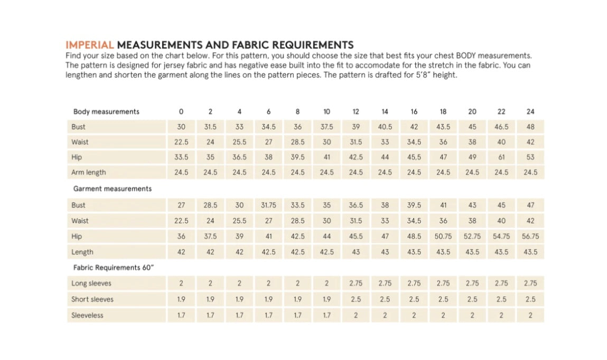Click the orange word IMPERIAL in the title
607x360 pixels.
(89, 45)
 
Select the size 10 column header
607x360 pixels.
(326, 111)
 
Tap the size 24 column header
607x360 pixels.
(530, 111)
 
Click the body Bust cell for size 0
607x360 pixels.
(181, 127)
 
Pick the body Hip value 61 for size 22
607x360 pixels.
(501, 157)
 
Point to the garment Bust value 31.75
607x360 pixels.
(268, 205)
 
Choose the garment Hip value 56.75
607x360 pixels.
(530, 236)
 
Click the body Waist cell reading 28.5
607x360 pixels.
(297, 142)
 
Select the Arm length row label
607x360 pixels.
(88, 173)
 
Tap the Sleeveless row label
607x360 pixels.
(87, 315)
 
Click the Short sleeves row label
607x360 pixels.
(92, 299)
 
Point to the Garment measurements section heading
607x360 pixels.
(112, 188)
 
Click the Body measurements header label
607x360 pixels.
(106, 111)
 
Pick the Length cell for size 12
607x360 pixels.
(356, 252)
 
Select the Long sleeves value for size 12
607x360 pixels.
(356, 283)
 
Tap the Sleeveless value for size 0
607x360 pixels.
(181, 315)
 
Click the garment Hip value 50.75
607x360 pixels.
(443, 236)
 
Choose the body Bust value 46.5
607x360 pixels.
(501, 127)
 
